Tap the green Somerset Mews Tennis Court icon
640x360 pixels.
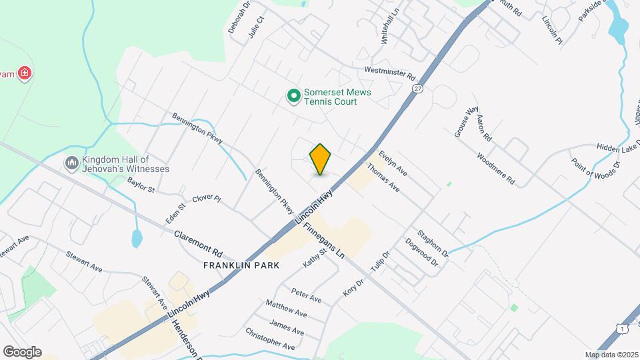coord(293,97)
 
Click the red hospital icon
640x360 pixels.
coord(25,73)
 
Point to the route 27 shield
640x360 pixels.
coord(417,88)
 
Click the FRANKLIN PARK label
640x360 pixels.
coord(241,265)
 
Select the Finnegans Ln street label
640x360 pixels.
coord(323,240)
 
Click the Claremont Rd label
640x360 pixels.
coord(198,244)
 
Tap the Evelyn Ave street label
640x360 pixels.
coord(393,163)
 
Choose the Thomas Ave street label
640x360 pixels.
coord(383,179)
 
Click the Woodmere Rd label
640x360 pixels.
coord(496,169)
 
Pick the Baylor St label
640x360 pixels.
coord(141,185)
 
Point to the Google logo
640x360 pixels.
coord(22,352)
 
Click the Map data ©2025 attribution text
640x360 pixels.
coord(611,355)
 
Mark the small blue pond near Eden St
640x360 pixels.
coord(137,238)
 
